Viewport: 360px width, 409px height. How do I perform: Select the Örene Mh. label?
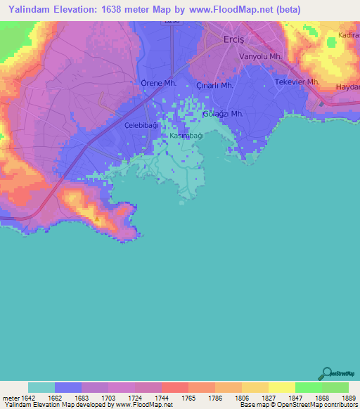coord(158,82)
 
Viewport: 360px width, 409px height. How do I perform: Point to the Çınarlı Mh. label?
coord(215,85)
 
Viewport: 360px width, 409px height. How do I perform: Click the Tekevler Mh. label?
coord(297,82)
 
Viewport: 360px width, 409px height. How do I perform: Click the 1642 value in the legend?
coord(29,397)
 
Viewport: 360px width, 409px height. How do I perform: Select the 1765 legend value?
coord(188,397)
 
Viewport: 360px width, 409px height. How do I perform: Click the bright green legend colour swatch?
coord(308,387)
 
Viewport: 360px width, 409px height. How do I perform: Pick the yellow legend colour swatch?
coord(281,387)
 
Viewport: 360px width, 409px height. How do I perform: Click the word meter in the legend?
coord(11,397)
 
